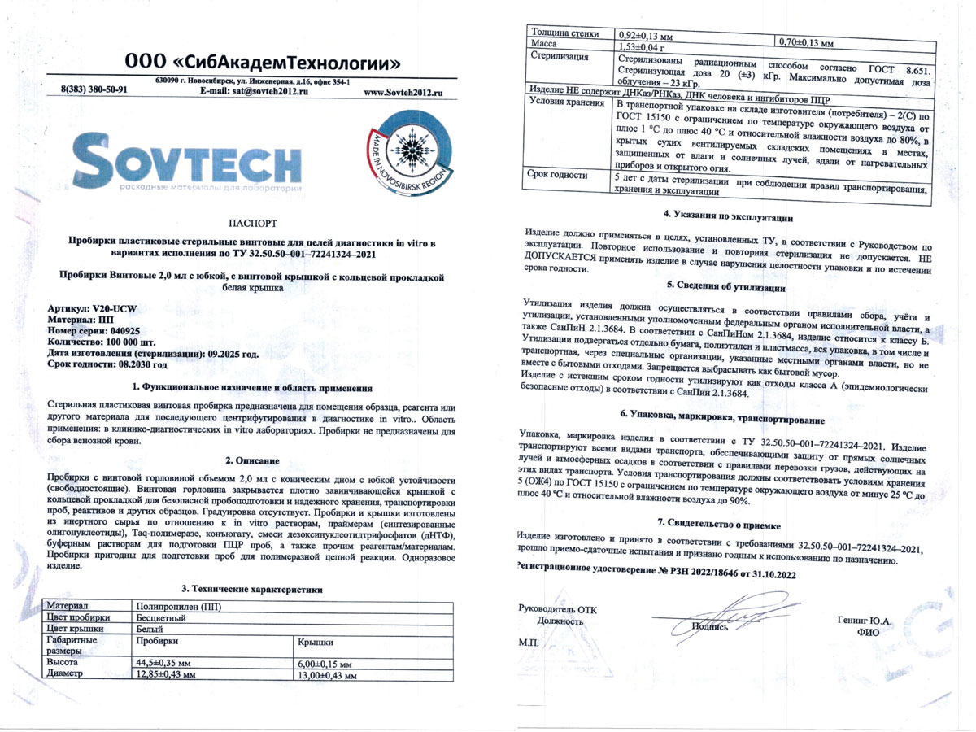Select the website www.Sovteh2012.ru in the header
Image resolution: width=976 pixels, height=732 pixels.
406,93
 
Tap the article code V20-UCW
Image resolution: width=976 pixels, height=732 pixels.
107,310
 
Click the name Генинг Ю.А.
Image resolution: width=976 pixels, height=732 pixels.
865,621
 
